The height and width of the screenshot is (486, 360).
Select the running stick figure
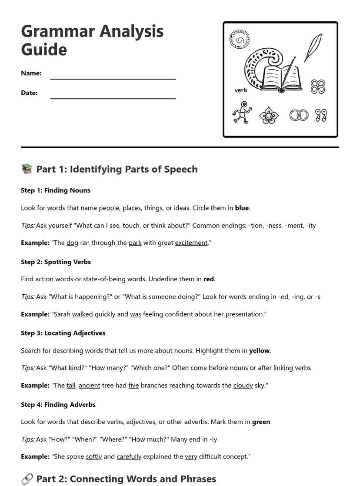(x=242, y=113)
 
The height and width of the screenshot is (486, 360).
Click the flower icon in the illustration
(x=269, y=116)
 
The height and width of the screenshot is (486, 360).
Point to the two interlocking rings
(x=299, y=115)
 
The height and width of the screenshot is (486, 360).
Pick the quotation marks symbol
(x=321, y=115)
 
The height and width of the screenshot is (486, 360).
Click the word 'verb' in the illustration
(x=240, y=90)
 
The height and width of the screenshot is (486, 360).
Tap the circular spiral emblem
(x=240, y=40)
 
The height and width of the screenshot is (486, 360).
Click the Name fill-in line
(x=113, y=78)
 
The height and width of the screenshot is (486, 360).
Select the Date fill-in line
(x=113, y=98)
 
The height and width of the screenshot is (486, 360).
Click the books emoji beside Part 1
(x=27, y=169)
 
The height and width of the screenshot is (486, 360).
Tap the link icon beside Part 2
(x=27, y=479)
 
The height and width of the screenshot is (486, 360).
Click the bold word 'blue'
(x=242, y=208)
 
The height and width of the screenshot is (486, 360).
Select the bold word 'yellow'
(x=259, y=350)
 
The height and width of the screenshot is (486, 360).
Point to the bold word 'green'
(x=261, y=422)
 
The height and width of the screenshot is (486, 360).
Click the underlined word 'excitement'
(x=191, y=243)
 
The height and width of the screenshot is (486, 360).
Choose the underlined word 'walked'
(x=82, y=314)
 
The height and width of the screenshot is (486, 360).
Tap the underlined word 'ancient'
(x=89, y=385)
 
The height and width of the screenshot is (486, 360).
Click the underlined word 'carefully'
(x=129, y=456)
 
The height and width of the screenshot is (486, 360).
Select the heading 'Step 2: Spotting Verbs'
(x=56, y=262)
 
